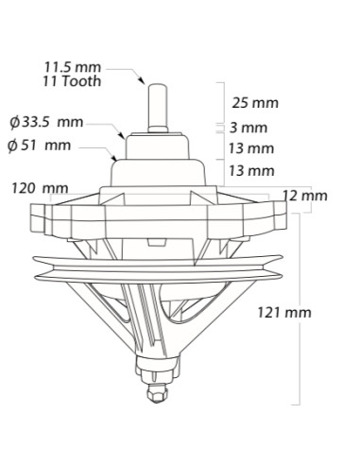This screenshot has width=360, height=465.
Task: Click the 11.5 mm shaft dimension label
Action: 73,67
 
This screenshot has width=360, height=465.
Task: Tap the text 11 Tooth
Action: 72,81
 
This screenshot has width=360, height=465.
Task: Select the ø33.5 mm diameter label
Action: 46,122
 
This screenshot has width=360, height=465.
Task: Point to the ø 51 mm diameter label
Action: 40,146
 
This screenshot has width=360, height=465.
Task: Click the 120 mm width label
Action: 40,188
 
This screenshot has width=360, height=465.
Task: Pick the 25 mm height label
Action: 255,103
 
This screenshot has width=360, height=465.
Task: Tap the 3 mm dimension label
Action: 249,128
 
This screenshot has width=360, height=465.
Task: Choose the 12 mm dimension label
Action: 305,196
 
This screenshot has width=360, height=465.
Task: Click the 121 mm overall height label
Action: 284,313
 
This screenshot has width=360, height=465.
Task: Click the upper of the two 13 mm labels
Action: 251,148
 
